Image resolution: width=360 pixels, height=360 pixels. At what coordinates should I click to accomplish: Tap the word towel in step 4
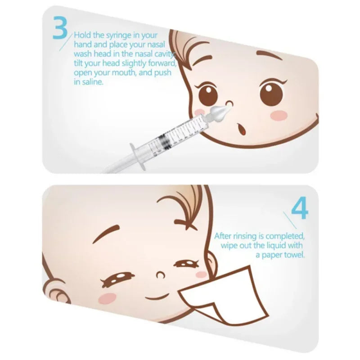293,255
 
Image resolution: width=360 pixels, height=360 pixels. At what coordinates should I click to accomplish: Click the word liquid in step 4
274,245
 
